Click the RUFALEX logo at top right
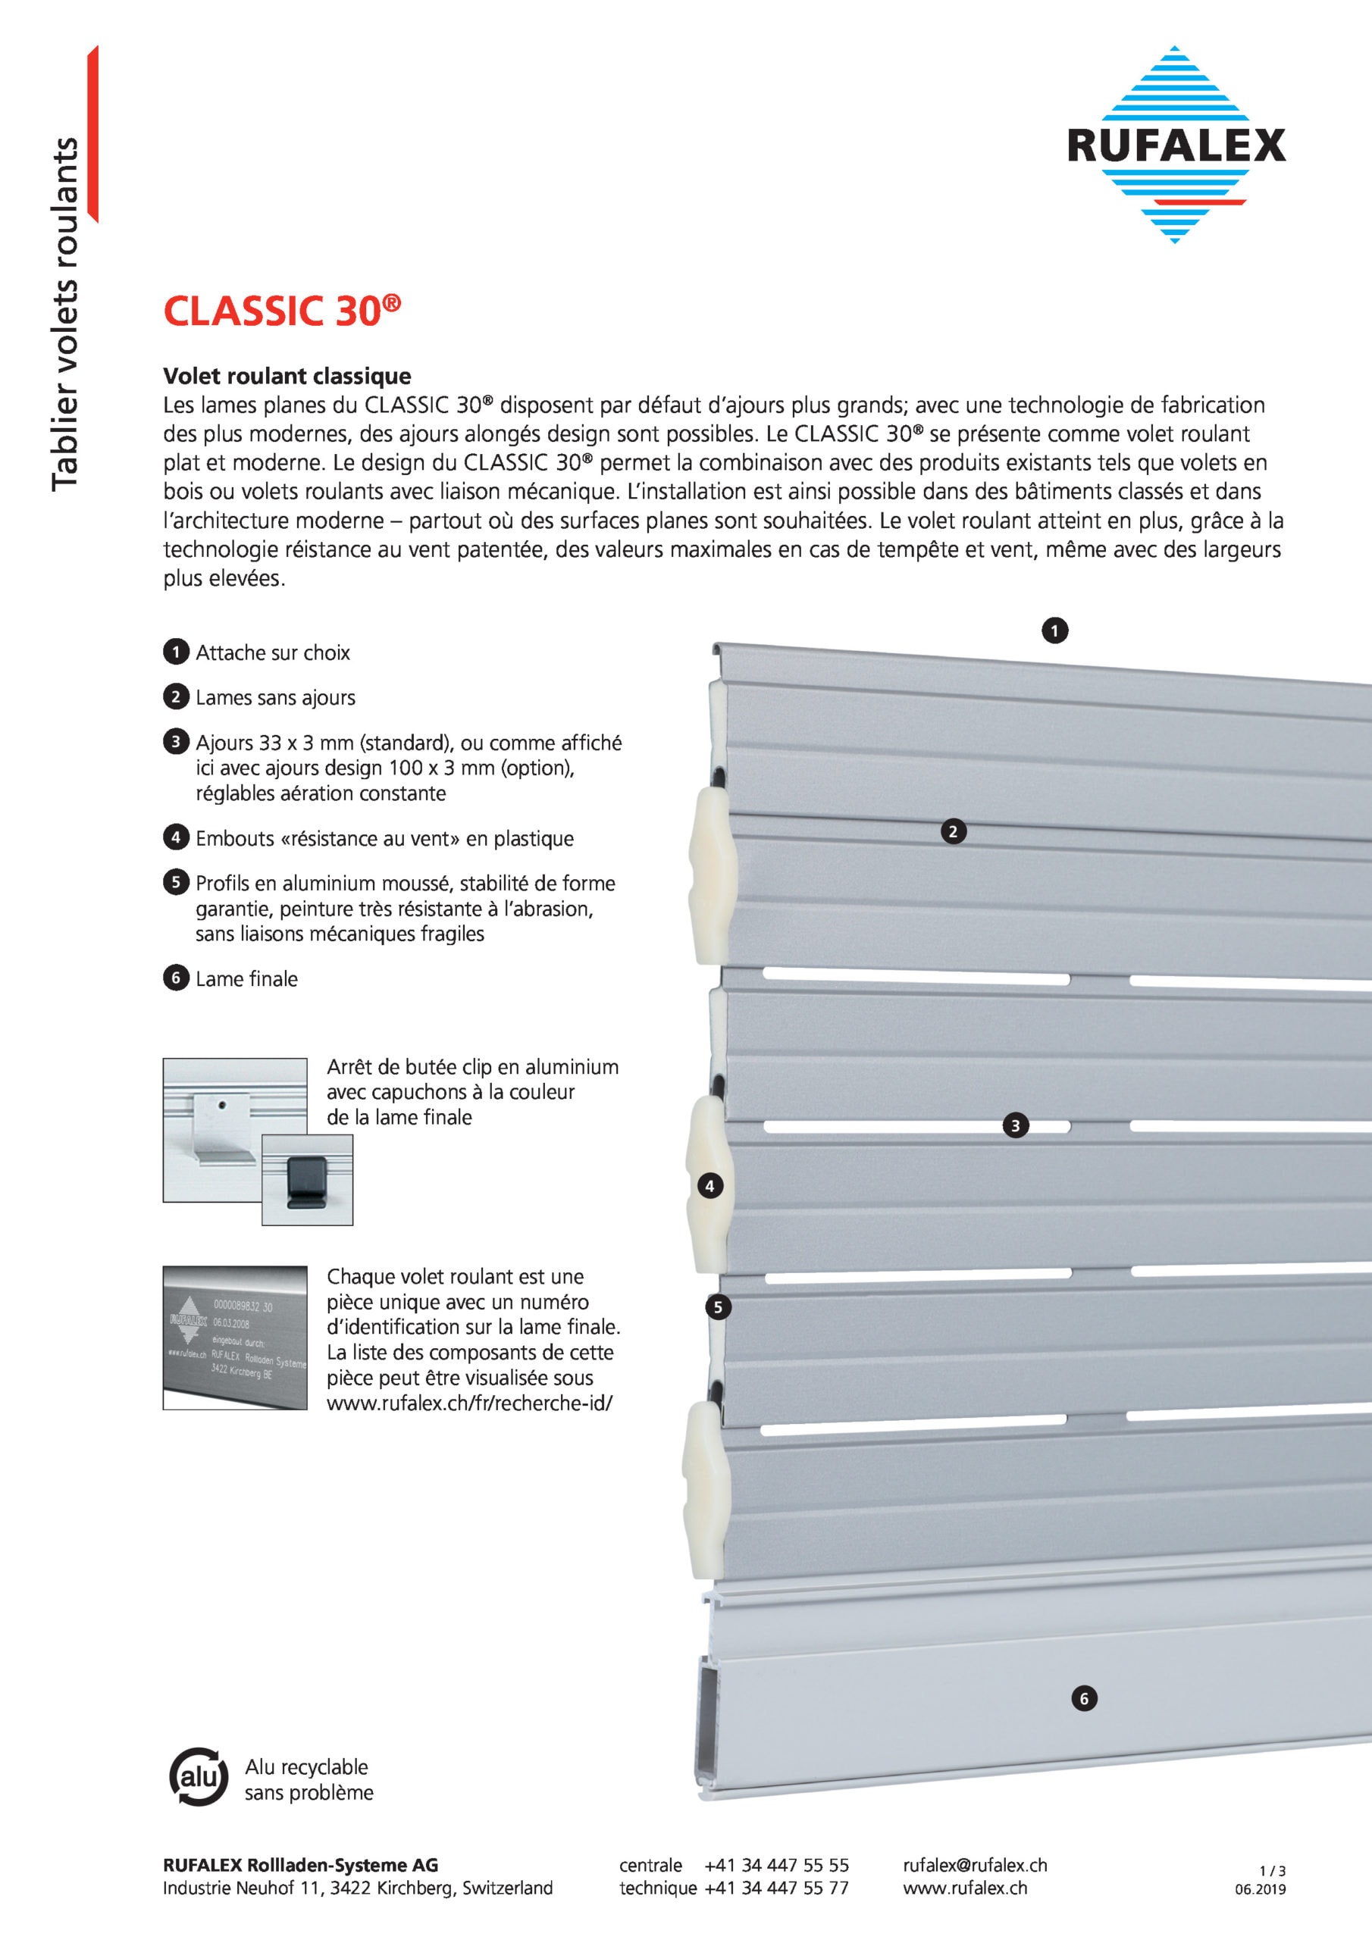(x=1175, y=145)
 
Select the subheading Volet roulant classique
(x=287, y=376)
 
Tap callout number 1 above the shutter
(x=1054, y=630)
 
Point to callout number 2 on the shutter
(x=954, y=831)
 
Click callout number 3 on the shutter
(x=1015, y=1125)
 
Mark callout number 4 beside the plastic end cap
(x=710, y=1186)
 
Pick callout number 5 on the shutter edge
(x=718, y=1307)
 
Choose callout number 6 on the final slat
(x=1084, y=1698)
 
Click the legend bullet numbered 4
(x=176, y=837)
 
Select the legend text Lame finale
(x=247, y=979)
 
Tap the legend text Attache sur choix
(x=272, y=652)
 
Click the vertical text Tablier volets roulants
(x=64, y=314)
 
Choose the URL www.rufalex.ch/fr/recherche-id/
(x=469, y=1403)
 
